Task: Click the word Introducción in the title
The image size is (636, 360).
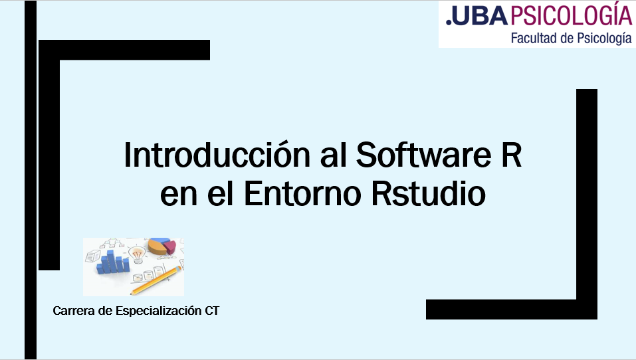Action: pyautogui.click(x=217, y=155)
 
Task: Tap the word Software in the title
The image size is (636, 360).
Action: pyautogui.click(x=423, y=155)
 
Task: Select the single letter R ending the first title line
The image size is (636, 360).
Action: pyautogui.click(x=512, y=155)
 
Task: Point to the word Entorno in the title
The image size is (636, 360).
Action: pyautogui.click(x=302, y=193)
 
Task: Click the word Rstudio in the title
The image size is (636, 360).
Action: pyautogui.click(x=429, y=193)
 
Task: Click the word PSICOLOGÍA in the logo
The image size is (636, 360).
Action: pyautogui.click(x=571, y=14)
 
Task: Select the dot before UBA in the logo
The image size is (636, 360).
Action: pyautogui.click(x=449, y=23)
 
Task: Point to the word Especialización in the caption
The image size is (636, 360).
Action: pyautogui.click(x=158, y=311)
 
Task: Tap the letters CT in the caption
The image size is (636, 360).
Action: pyautogui.click(x=212, y=311)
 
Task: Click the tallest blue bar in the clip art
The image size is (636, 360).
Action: pyautogui.click(x=110, y=261)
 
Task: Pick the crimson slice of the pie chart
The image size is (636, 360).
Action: pyautogui.click(x=170, y=246)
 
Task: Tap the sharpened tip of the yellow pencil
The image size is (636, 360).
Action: pyautogui.click(x=131, y=294)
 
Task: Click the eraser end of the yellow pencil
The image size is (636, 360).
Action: pyautogui.click(x=179, y=268)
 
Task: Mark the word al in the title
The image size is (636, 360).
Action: pyautogui.click(x=334, y=155)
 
